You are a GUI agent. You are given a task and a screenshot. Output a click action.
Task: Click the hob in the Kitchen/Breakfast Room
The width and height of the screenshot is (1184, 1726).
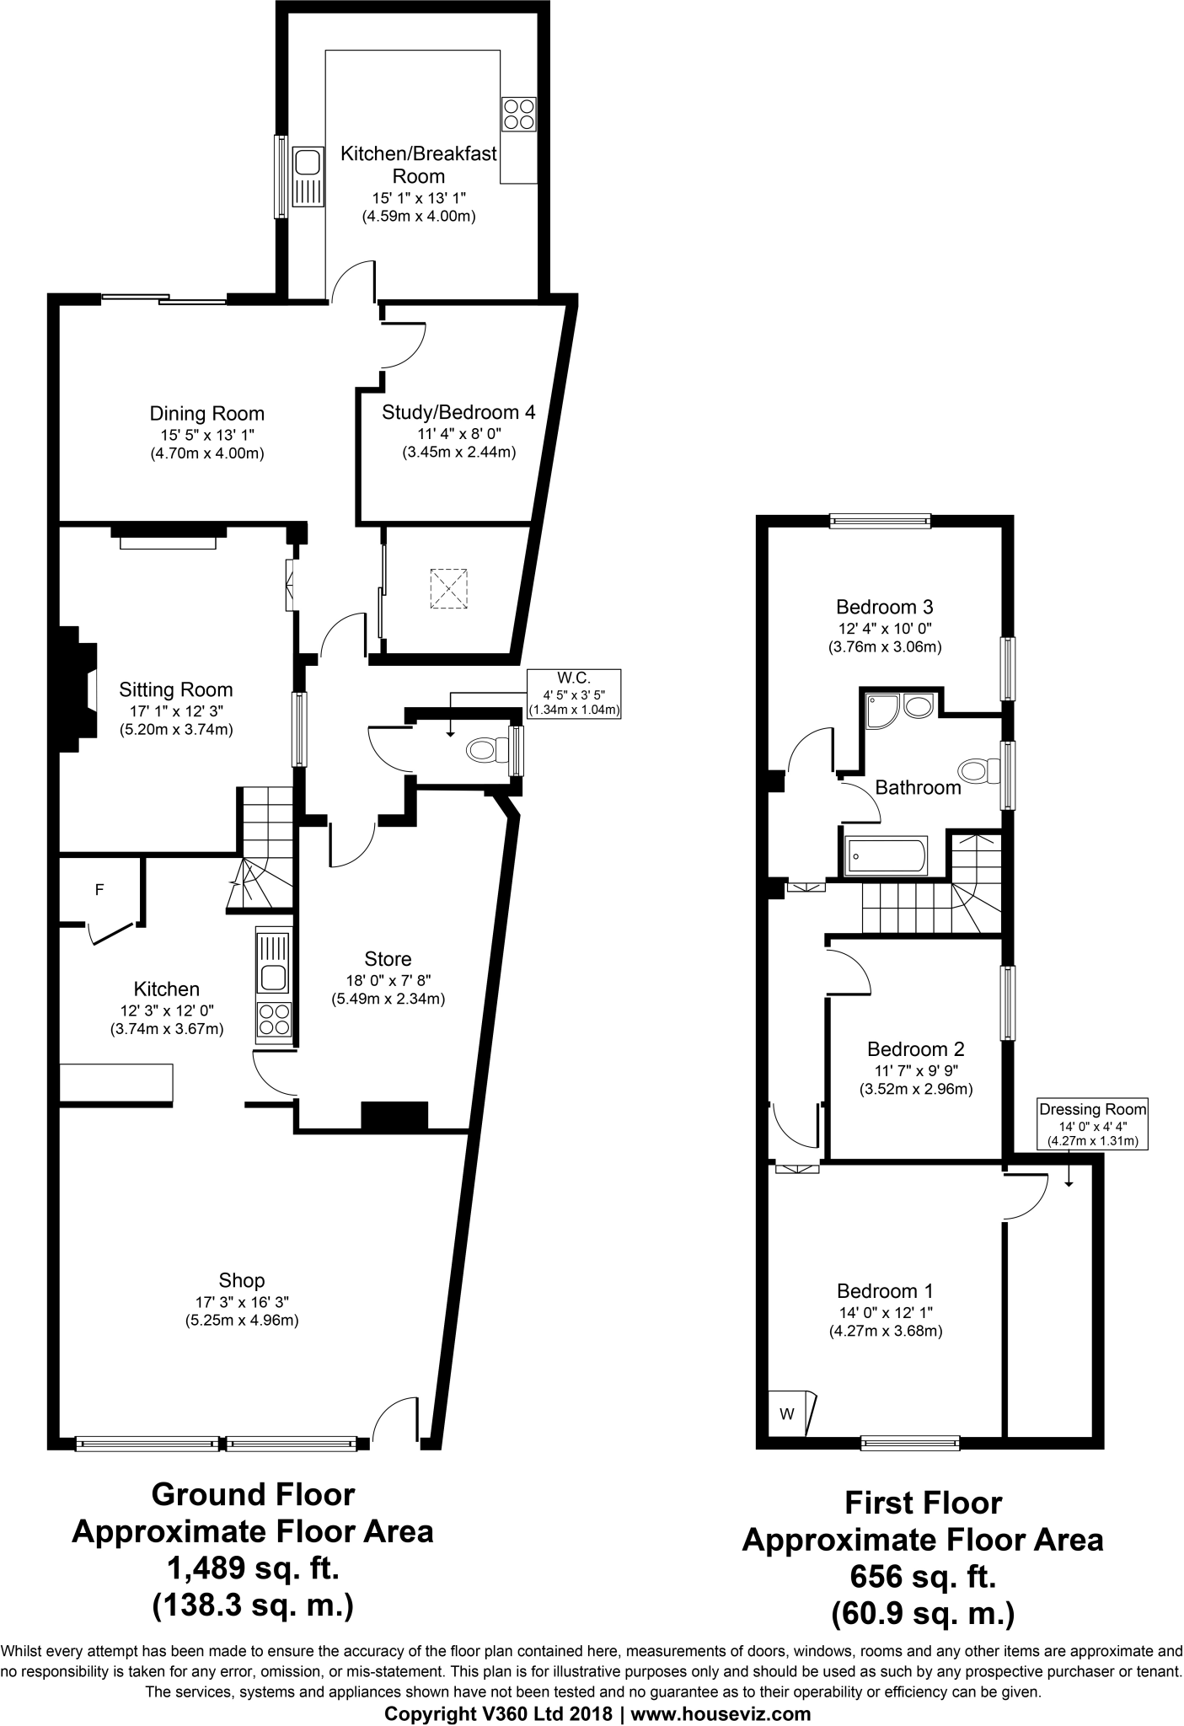518,115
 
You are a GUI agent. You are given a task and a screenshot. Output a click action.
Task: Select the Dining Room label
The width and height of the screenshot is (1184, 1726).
206,414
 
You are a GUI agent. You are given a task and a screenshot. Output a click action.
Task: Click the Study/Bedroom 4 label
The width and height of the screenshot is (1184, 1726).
458,412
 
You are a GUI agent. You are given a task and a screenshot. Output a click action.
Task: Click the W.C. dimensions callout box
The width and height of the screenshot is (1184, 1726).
574,694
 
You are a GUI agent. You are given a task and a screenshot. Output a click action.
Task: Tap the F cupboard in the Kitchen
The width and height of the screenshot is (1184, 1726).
99,890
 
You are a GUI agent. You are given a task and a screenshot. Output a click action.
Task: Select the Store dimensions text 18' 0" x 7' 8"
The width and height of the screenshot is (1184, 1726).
388,979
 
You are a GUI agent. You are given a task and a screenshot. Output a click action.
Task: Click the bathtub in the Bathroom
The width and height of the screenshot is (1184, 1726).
884,856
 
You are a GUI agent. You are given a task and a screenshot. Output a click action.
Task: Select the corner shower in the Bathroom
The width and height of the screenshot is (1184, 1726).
880,709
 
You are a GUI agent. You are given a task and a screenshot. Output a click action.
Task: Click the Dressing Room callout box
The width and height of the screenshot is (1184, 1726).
1092,1125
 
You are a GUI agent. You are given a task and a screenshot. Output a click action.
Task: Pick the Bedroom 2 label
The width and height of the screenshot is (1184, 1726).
915,1049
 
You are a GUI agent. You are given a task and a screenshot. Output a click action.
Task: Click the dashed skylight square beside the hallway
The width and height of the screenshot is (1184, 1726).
449,588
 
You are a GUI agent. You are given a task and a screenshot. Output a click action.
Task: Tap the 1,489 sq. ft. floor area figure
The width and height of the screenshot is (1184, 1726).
253,1569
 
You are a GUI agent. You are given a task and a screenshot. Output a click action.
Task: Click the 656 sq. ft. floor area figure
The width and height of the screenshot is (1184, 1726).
923,1576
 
